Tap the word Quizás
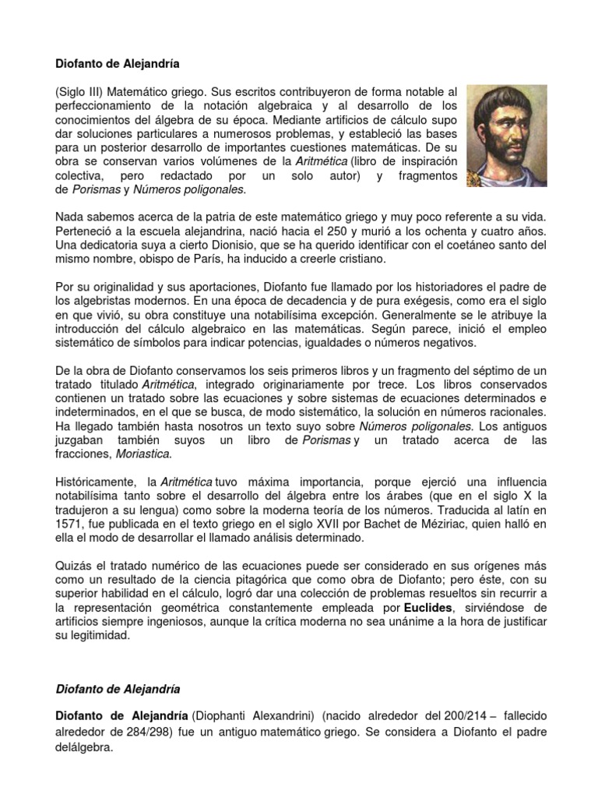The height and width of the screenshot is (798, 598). [x=74, y=564]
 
